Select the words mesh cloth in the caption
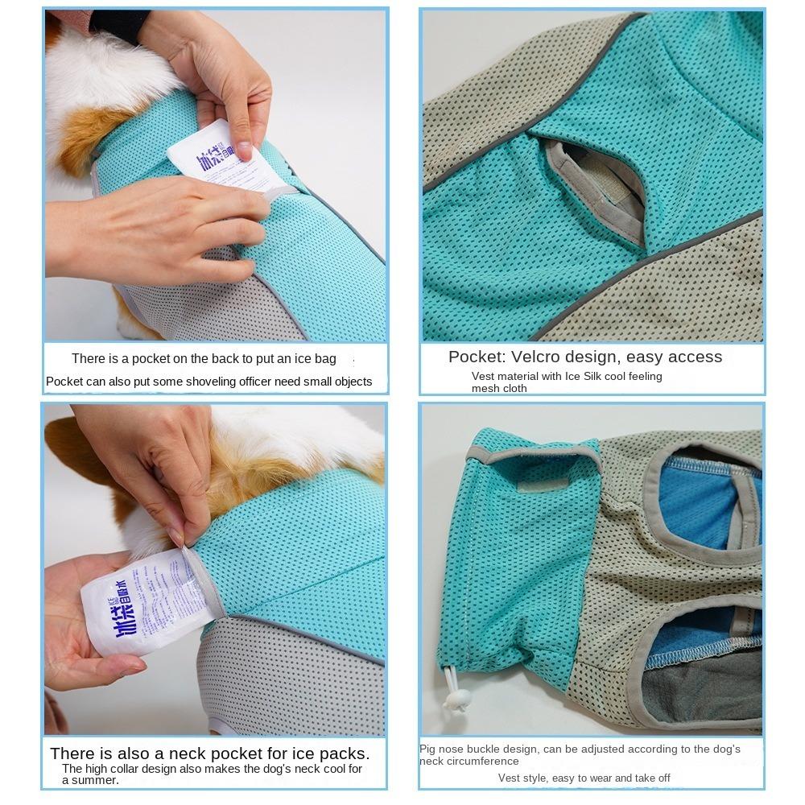point(499,389)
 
